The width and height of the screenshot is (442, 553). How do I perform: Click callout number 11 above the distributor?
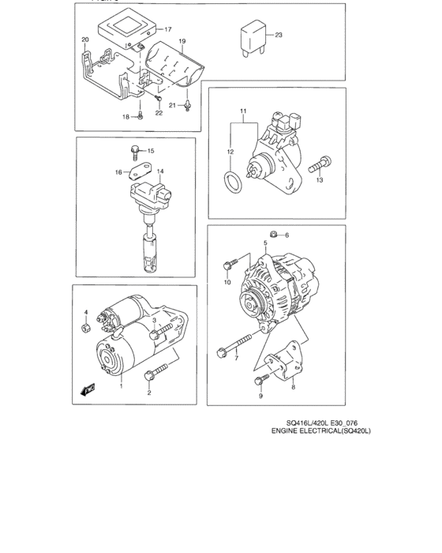point(244,109)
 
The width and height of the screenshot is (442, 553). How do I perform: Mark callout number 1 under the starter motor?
point(121,386)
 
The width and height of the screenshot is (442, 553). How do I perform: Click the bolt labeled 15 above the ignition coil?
point(135,149)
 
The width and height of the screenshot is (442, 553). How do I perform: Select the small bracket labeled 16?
point(139,171)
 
